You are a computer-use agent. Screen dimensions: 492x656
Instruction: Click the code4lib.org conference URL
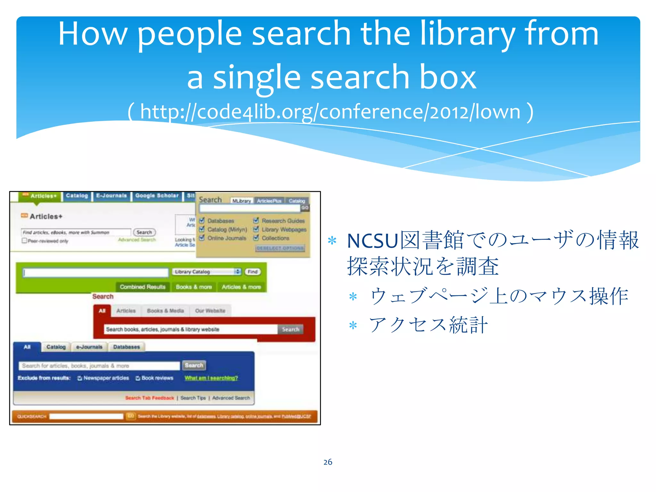[x=330, y=112]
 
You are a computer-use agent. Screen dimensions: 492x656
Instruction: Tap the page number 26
[x=328, y=462]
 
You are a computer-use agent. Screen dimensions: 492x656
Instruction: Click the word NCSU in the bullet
[x=372, y=241]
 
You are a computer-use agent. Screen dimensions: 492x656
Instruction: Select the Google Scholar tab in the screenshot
[x=157, y=196]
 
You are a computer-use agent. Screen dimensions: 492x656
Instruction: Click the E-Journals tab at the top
[x=111, y=196]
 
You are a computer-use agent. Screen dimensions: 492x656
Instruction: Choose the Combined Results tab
[x=143, y=287]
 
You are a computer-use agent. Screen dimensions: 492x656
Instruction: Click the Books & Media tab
[x=165, y=311]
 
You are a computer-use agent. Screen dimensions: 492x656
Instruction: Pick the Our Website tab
[x=210, y=311]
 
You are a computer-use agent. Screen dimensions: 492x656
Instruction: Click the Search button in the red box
[x=290, y=329]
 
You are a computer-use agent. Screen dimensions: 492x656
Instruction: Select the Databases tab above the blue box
[x=127, y=347]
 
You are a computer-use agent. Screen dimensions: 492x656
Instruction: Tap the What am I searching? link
[x=211, y=378]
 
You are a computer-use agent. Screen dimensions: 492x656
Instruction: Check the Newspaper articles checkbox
[x=80, y=378]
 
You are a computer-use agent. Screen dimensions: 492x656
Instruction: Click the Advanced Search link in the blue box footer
[x=231, y=398]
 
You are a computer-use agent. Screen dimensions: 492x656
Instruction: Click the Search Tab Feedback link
[x=150, y=398]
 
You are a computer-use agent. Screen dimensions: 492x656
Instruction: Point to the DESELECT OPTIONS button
[x=280, y=248]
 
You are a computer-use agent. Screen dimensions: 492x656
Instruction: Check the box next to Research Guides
[x=256, y=220]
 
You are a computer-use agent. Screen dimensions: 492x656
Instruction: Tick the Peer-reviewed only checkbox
[x=24, y=241]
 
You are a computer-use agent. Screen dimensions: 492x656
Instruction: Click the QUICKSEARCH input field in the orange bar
[x=86, y=416]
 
